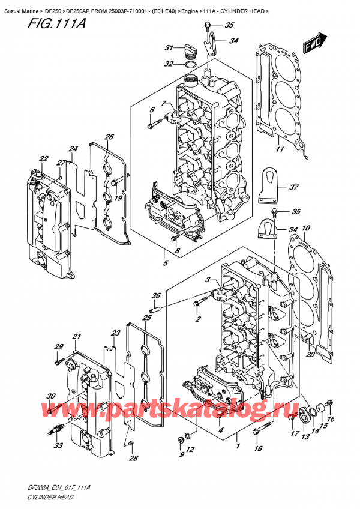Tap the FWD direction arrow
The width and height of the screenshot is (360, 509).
point(314,44)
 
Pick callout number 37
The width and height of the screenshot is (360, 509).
point(293,187)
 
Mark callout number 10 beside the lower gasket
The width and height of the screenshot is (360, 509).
point(306,228)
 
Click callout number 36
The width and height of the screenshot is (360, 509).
point(155,295)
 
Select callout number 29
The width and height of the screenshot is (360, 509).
point(59,346)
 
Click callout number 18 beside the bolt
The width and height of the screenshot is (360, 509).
point(258,448)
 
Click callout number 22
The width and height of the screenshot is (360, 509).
point(44,158)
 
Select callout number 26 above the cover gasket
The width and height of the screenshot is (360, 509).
point(109,137)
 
